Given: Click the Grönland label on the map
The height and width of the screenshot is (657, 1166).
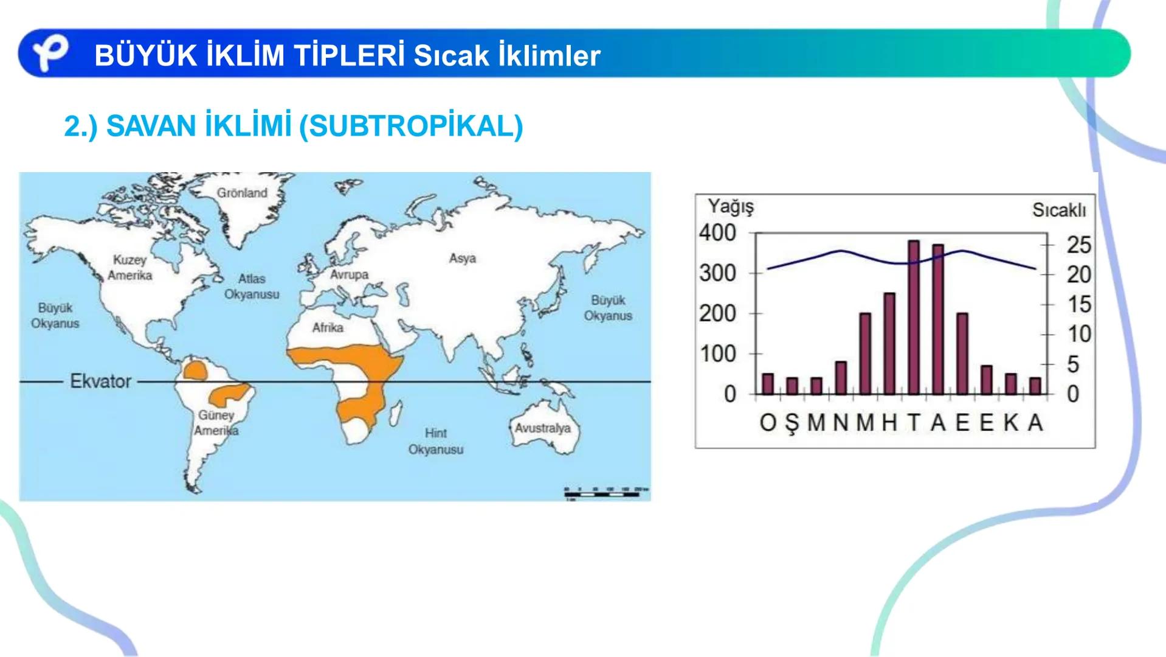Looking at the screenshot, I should pos(242,193).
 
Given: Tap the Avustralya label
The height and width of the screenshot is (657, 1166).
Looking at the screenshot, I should pos(542,428).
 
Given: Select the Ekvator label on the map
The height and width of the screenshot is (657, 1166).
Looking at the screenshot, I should pos(100,381).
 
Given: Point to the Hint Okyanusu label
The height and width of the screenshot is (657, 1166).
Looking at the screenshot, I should pos(435,441).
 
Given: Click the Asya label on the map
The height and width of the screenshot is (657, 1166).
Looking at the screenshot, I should pos(462,259).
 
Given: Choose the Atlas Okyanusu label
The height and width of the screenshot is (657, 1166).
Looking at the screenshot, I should pos(252,287).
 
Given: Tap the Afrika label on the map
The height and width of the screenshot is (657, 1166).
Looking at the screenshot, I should pos(328,327).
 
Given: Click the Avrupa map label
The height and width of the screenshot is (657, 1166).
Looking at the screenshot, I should pos(349,274).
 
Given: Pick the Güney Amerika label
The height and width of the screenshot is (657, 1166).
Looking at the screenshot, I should pos(216,423).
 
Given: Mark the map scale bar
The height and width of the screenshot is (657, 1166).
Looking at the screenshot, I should pos(602,493).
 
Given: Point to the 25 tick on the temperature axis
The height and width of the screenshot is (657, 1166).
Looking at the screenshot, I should pos(1079,245).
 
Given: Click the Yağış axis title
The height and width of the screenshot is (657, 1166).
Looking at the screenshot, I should pos(730,207).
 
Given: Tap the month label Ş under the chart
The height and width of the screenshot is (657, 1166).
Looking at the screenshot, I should pos(792,423).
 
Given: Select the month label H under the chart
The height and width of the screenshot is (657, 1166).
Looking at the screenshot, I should pos(889,422).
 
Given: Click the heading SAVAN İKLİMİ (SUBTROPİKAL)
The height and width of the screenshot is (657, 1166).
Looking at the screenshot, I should pos(293,127).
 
